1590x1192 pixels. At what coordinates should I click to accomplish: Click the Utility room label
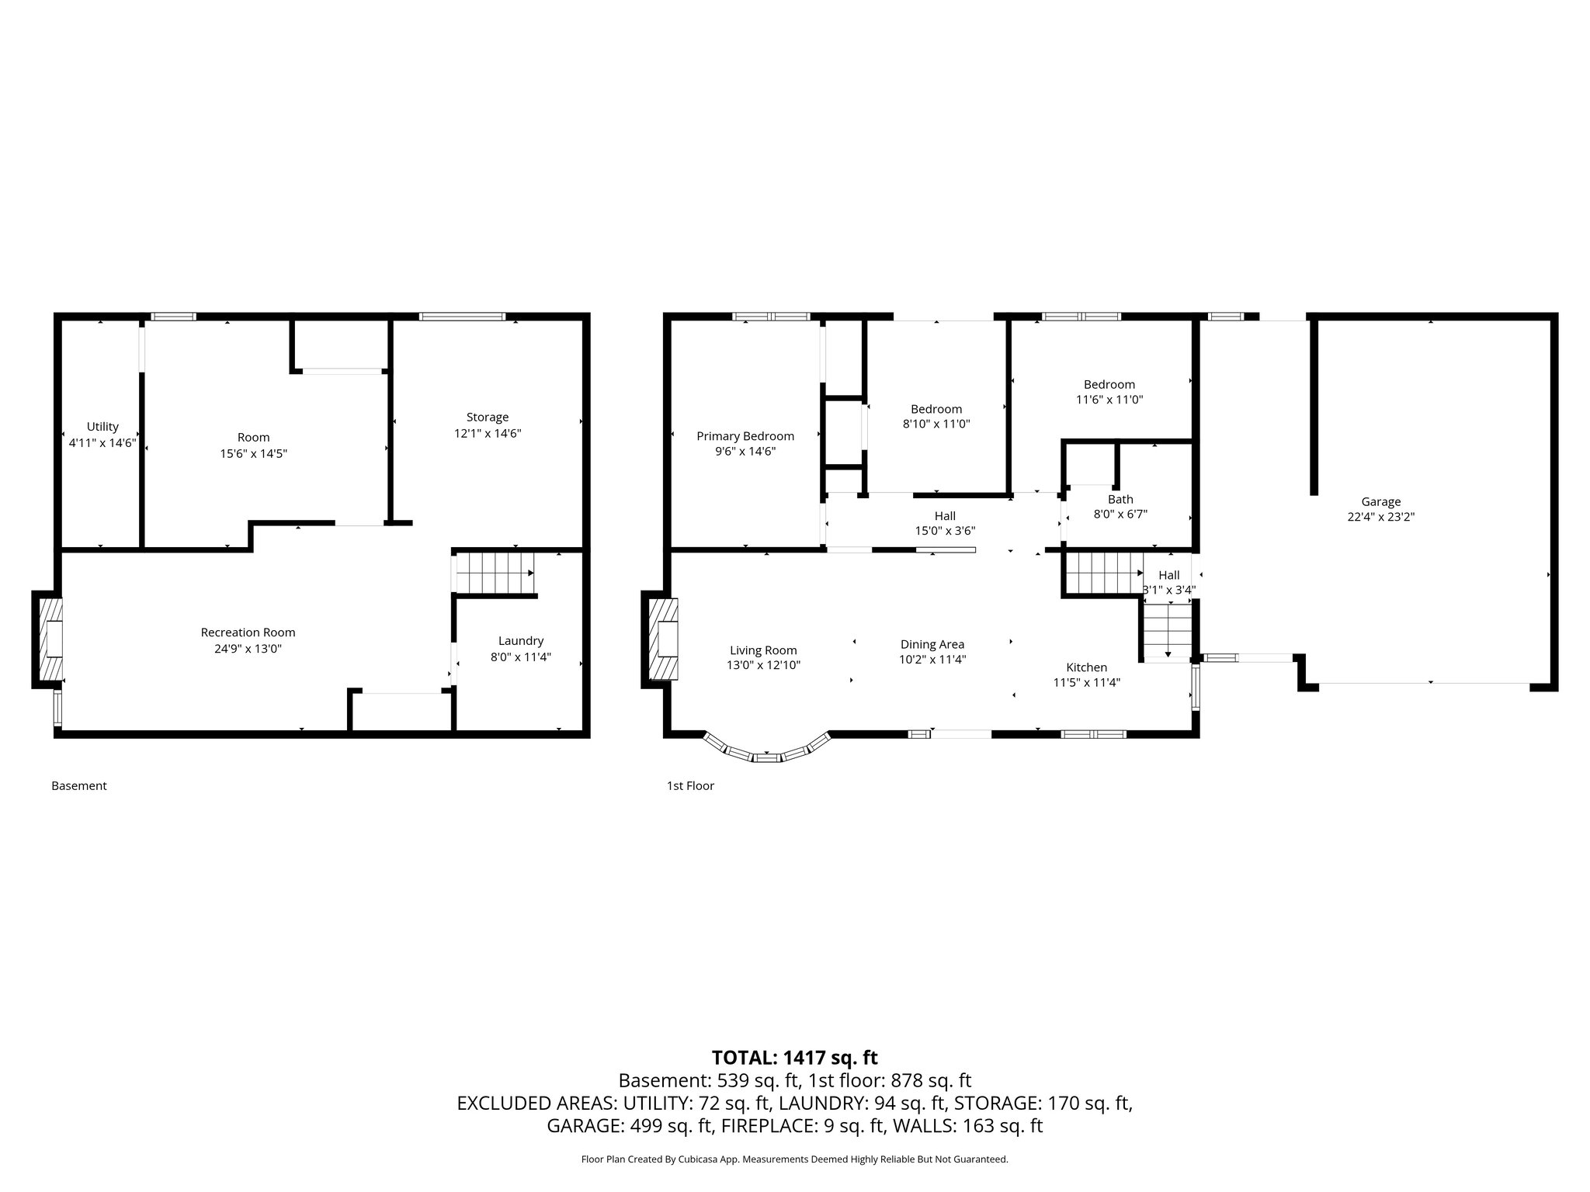click(x=102, y=427)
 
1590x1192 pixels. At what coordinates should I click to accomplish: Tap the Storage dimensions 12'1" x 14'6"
click(x=488, y=434)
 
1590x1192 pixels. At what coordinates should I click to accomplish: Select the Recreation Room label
click(x=248, y=632)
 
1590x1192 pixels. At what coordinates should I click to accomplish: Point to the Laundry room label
click(x=520, y=641)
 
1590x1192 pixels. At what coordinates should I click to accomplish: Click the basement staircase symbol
click(x=495, y=573)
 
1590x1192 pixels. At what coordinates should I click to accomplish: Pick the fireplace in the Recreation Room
click(x=49, y=639)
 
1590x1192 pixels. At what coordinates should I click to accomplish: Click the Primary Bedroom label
click(x=745, y=436)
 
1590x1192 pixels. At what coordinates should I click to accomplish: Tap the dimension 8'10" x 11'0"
click(x=936, y=424)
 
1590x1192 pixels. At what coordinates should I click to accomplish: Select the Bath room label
click(x=1120, y=500)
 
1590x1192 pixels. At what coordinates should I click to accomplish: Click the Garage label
click(x=1380, y=502)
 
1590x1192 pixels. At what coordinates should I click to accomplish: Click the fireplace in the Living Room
click(x=661, y=639)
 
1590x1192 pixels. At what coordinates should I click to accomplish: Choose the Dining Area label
click(x=932, y=644)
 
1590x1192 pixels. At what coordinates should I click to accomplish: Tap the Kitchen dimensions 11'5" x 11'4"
click(x=1086, y=683)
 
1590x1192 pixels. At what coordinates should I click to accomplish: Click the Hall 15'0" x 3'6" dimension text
click(x=945, y=532)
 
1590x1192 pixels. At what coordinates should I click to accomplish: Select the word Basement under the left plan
click(x=79, y=786)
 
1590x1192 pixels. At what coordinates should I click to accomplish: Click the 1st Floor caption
click(x=690, y=786)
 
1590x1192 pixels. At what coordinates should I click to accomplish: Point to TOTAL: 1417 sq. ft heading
click(x=794, y=1058)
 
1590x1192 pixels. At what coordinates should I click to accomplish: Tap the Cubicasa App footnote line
click(x=794, y=1159)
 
